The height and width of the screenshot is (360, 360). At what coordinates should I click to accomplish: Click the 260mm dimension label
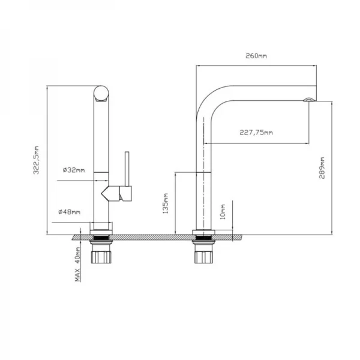tap(256, 56)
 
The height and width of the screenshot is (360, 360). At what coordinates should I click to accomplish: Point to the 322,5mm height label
tap(37, 160)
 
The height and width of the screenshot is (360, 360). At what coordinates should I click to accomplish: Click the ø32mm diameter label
tap(73, 170)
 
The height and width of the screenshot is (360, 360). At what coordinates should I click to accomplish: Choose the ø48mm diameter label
tap(70, 212)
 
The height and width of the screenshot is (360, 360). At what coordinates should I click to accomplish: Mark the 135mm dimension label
tap(166, 204)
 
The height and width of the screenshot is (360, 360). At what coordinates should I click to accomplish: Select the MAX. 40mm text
tap(77, 267)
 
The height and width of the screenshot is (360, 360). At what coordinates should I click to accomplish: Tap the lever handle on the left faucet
tap(127, 172)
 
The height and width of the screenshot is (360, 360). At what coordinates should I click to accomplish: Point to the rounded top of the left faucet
tap(101, 94)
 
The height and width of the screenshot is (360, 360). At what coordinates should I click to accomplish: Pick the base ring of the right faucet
tap(204, 232)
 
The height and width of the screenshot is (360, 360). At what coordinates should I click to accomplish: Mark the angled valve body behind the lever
tap(111, 193)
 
